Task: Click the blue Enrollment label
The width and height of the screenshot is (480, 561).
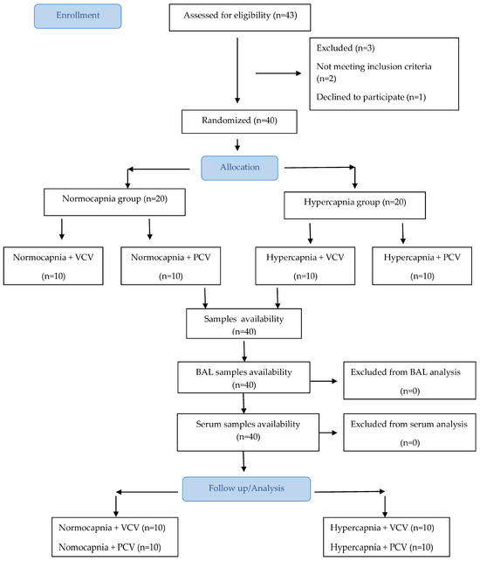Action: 78,16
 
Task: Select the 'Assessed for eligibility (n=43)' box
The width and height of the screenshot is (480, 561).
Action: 240,17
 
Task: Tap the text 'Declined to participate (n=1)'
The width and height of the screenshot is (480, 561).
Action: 371,97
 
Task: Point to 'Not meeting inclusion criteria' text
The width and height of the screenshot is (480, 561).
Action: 374,66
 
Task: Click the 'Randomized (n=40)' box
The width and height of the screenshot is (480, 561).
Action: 239,121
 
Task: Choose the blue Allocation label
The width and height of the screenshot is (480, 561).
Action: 239,168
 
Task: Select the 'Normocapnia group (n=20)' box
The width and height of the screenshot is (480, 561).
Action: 114,202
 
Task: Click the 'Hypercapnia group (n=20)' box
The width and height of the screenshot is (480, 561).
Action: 354,205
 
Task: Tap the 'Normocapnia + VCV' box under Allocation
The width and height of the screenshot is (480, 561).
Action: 53,266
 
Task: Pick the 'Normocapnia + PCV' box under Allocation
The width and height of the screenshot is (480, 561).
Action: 170,266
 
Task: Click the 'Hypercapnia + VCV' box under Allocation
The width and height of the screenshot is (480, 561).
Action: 305,266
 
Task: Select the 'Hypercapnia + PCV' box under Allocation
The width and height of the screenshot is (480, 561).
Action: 422,266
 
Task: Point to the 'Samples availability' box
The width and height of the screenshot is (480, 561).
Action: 243,323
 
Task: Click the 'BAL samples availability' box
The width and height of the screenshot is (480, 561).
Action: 243,377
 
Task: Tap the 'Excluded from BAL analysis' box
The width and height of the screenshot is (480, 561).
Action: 409,380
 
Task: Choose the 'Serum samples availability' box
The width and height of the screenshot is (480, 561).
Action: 248,433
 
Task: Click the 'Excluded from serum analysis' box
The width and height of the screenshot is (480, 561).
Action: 409,433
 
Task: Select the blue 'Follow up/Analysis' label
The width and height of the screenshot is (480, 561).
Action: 246,488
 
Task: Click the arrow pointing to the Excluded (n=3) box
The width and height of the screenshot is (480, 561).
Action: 278,73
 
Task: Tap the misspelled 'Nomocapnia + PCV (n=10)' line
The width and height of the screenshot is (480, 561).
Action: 110,547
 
